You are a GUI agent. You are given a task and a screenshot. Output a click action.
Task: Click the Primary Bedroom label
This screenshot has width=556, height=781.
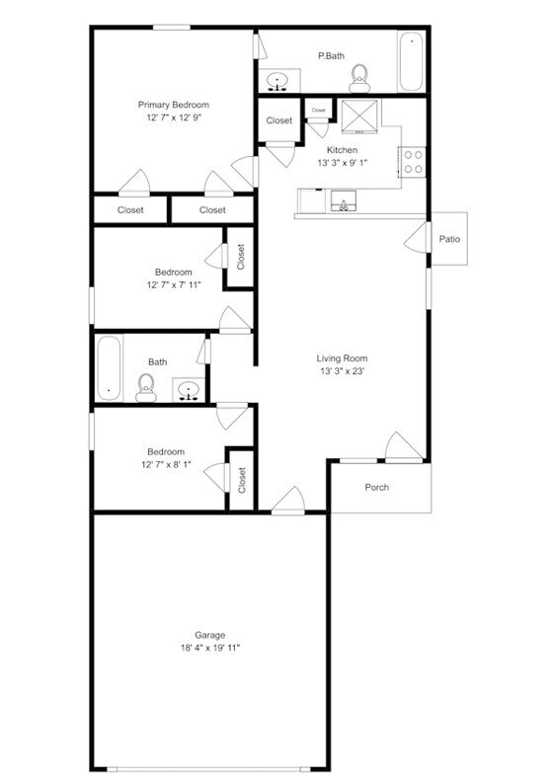(x=173, y=105)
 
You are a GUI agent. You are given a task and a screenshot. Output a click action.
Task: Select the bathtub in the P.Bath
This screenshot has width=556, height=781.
(x=410, y=62)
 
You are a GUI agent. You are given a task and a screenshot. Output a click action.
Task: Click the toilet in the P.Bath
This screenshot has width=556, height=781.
(x=359, y=74)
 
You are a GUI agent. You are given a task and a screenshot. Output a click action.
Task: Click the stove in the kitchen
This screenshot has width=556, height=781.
(x=412, y=160)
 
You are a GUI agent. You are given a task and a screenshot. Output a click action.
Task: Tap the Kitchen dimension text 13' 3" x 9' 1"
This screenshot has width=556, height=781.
(x=343, y=163)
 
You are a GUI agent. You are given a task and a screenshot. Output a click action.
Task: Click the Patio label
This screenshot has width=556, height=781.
(x=449, y=239)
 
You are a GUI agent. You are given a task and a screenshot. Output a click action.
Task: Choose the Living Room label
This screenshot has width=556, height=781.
(x=342, y=358)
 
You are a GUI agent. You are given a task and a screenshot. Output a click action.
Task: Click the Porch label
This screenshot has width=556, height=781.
(x=376, y=487)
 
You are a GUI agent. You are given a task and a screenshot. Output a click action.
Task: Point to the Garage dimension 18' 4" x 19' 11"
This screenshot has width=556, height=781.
(x=209, y=648)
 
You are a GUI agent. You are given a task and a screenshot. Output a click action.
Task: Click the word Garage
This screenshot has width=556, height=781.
(x=209, y=635)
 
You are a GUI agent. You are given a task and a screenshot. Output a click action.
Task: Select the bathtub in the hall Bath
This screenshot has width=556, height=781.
(x=108, y=367)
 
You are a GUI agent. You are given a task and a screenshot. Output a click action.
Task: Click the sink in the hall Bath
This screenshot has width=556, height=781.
(x=188, y=390)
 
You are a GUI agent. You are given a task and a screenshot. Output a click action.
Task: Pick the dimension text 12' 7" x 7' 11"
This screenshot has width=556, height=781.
(x=173, y=285)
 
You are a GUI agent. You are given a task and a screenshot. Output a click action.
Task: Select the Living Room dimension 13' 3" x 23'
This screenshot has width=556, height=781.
(x=342, y=371)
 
